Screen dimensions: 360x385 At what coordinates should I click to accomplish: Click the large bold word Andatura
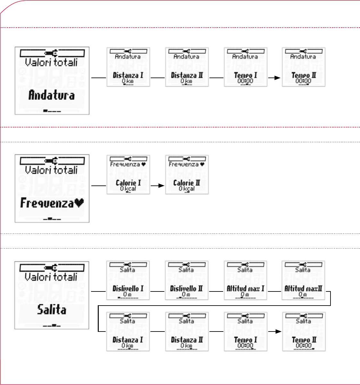[52, 95]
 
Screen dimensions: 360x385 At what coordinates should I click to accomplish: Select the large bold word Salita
[52, 310]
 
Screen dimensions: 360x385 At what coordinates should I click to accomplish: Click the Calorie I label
[128, 183]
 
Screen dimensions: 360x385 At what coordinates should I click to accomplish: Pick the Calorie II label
[187, 183]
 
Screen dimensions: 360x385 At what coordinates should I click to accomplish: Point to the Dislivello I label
[128, 289]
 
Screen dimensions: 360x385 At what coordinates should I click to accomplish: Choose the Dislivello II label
[186, 289]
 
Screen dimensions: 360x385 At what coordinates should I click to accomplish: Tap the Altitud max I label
[245, 289]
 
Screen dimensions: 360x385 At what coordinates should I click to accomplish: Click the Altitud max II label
[303, 289]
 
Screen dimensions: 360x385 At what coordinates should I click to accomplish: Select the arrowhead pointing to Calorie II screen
[162, 185]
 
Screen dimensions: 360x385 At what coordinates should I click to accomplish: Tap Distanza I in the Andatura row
[128, 76]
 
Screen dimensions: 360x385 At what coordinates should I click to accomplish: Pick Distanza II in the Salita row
[187, 340]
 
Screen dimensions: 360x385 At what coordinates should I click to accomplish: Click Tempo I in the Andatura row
[246, 76]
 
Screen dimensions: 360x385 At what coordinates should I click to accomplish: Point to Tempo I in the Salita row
[246, 340]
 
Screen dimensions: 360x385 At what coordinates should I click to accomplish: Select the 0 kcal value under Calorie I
[128, 189]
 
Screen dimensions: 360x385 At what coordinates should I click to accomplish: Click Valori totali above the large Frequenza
[51, 170]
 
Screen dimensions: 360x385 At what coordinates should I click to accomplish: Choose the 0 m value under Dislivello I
[127, 294]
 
